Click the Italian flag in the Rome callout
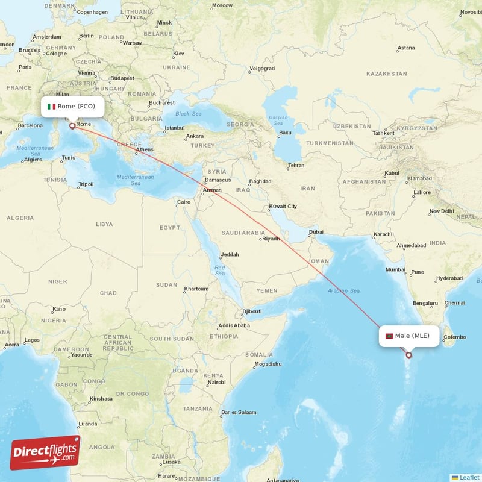coord(52,107)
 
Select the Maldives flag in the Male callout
coord(389,336)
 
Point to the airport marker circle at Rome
coord(72,126)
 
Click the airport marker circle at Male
coord(409,355)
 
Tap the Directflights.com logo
coord(45,452)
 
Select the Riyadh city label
coord(271,239)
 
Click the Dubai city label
coord(315,232)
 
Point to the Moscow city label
coord(222,5)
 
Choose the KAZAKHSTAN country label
coord(387,74)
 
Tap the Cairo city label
coord(183,202)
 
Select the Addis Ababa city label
coord(234,325)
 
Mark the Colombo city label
coord(455,337)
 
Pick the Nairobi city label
coord(216,383)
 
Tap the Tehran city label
coord(295,165)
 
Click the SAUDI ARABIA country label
coord(243,233)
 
